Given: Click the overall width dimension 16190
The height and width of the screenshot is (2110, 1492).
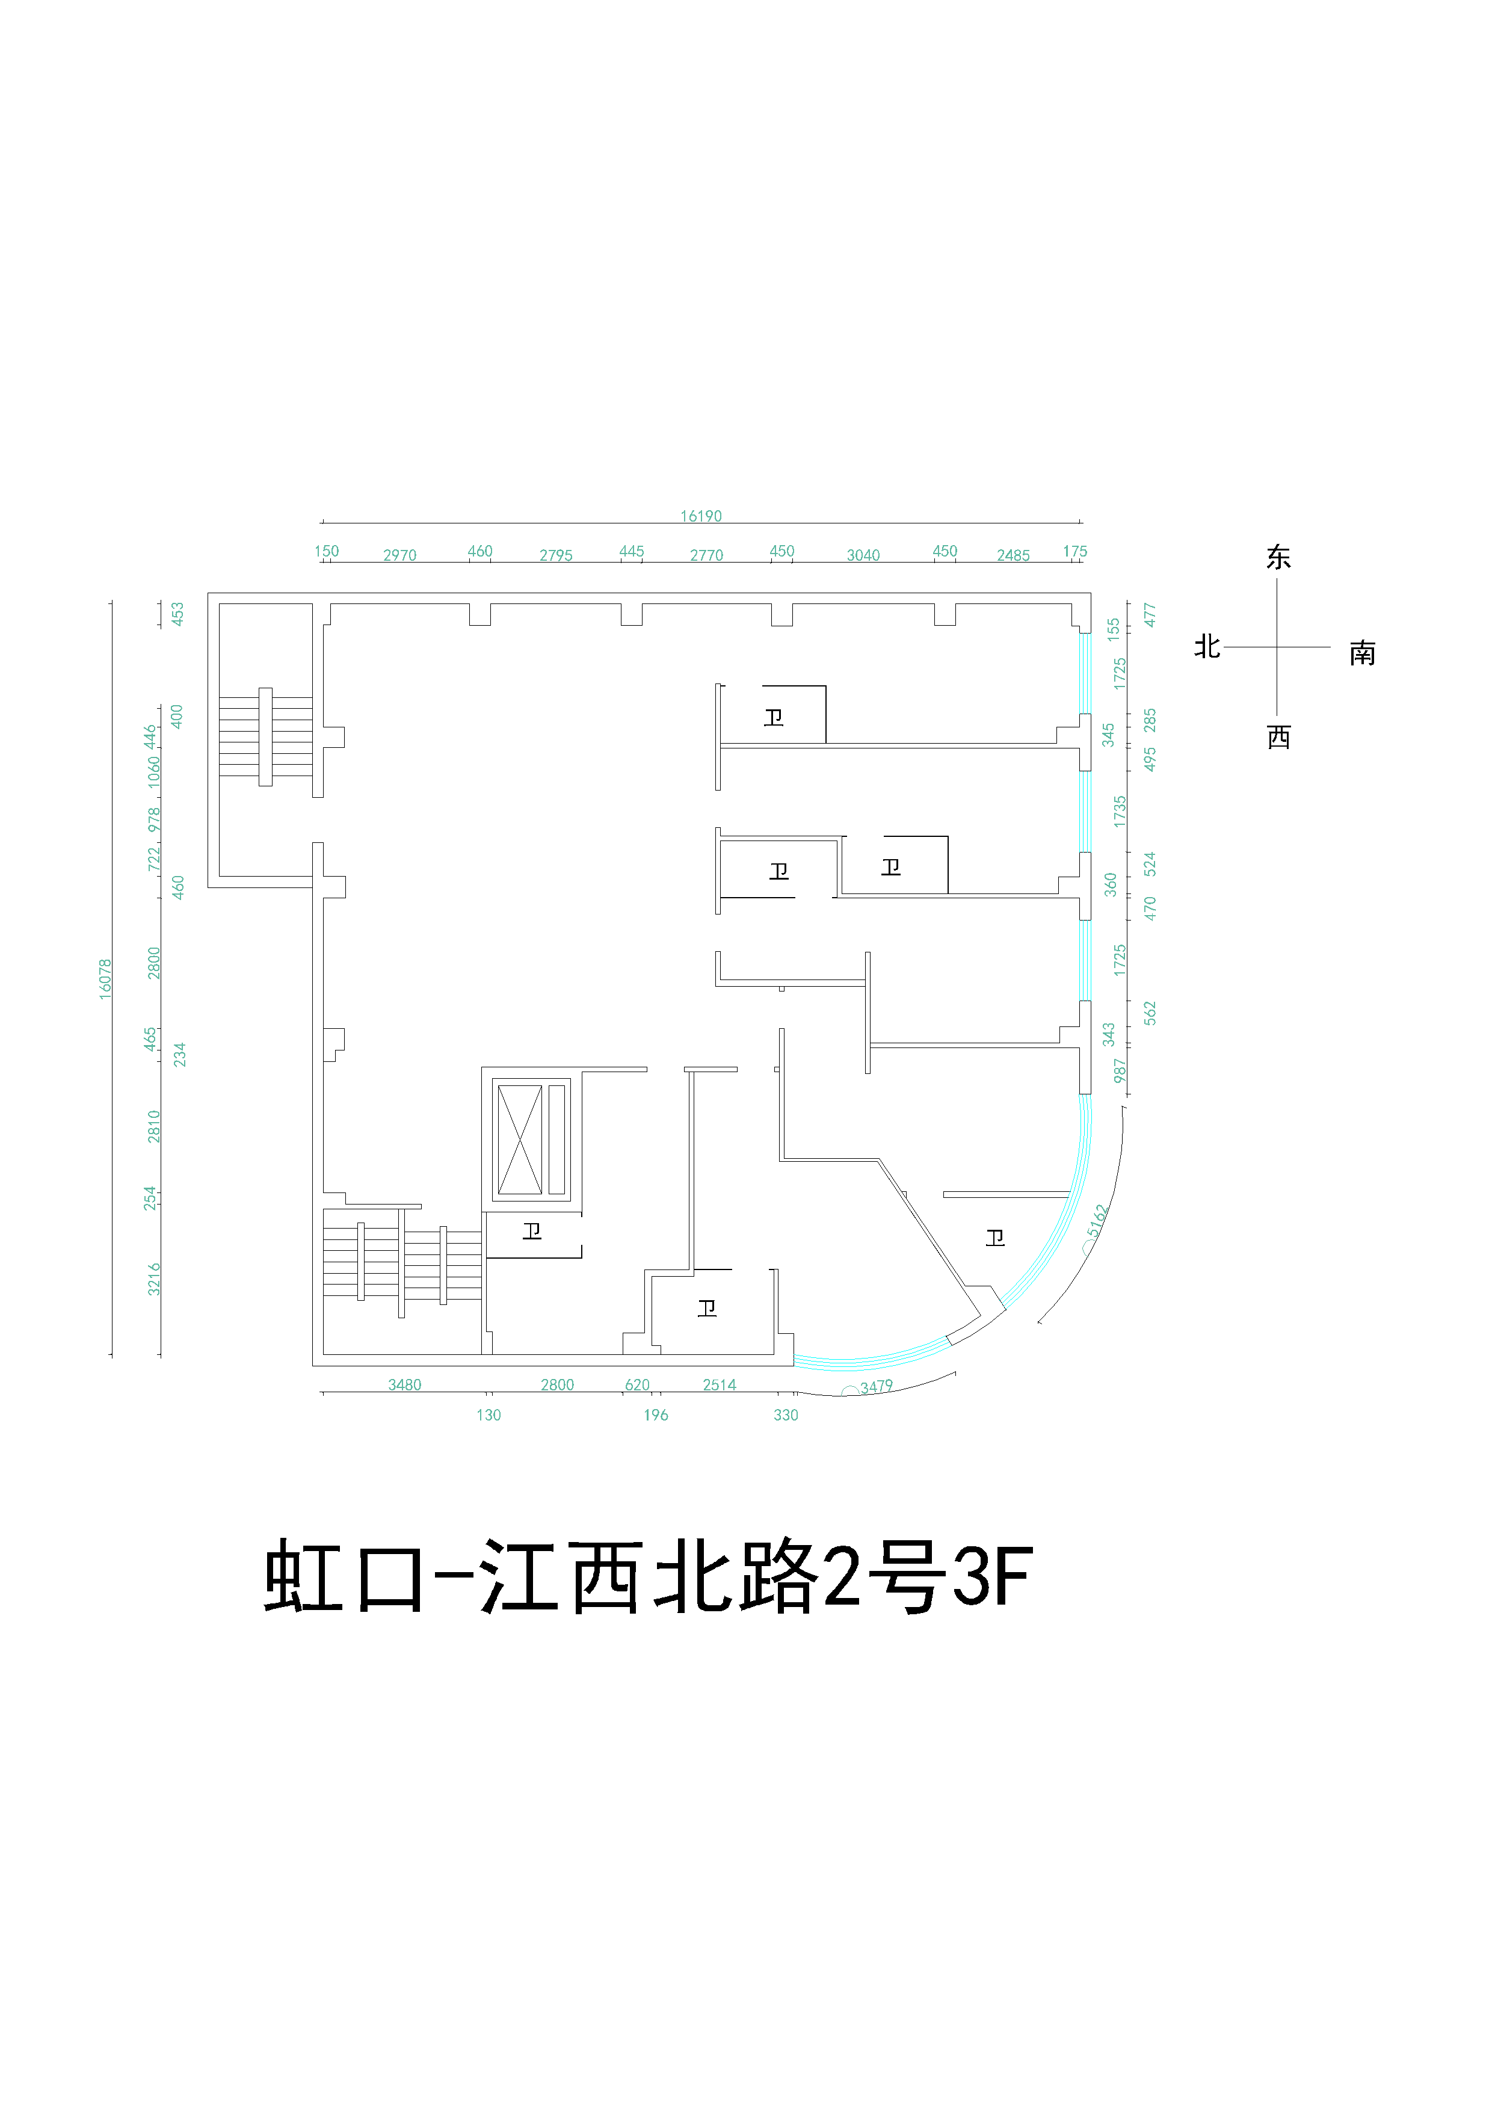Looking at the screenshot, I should coord(700,516).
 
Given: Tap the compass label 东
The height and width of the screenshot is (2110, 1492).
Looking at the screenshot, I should coord(1278,558).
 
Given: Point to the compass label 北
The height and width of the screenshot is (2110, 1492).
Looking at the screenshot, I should coord(1206,647).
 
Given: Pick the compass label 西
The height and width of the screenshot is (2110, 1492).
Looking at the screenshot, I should coord(1278,737).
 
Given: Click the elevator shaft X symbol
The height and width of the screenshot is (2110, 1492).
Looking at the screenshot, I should coord(519,1140).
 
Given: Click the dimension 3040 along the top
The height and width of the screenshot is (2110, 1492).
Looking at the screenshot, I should coord(863,555).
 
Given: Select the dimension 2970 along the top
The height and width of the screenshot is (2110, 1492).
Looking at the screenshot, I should coord(399,555).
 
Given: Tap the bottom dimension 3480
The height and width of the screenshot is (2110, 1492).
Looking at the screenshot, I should coord(404,1385).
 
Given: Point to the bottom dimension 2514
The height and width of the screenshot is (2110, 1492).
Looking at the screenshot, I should coord(720,1385).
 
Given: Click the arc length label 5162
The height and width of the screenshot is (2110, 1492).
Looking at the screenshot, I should coord(1097,1220).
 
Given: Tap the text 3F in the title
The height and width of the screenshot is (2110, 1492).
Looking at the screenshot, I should coord(992,1577).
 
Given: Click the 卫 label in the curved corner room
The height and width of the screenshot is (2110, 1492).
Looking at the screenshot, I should coord(995,1238).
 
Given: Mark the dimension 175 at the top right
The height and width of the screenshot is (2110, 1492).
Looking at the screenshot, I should coord(1075,551).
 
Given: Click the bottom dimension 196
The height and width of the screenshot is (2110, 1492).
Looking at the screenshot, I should coord(655,1415).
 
